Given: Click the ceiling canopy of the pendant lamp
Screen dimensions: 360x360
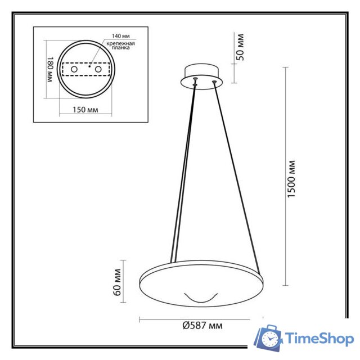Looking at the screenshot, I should click(x=201, y=76).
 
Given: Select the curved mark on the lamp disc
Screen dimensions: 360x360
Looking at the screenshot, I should click(x=201, y=298).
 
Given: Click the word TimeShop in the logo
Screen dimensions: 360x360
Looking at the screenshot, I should click(x=319, y=339).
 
